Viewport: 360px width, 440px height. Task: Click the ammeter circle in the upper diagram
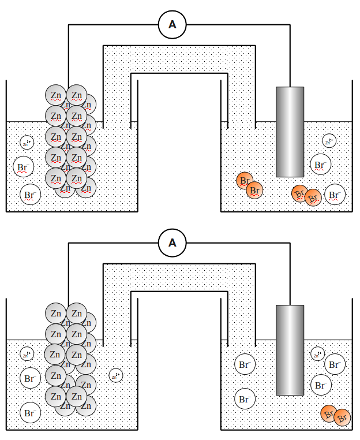click(172, 24)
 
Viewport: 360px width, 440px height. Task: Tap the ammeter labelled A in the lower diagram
click(172, 243)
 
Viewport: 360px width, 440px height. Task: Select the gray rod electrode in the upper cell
click(290, 132)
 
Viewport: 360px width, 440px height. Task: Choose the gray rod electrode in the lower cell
click(290, 350)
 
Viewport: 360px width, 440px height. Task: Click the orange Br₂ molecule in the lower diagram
click(335, 415)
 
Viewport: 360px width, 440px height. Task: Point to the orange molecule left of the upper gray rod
click(250, 185)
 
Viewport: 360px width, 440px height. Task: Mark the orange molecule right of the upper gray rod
click(306, 196)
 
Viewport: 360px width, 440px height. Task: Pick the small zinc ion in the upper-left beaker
click(27, 142)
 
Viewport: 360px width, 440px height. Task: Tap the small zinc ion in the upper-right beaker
click(329, 141)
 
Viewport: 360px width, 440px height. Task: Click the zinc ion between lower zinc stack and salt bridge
click(116, 375)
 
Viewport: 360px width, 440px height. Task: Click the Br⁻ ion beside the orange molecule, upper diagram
click(335, 195)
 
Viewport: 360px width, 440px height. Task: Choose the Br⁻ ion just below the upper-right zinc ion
click(320, 165)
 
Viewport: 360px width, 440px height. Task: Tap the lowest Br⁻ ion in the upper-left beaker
click(30, 195)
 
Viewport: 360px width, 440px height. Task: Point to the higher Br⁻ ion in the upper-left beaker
click(23, 168)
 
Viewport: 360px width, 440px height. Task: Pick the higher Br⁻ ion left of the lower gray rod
click(244, 365)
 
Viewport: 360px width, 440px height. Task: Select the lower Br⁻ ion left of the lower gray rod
click(244, 398)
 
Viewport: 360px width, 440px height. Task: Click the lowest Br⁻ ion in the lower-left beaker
click(30, 413)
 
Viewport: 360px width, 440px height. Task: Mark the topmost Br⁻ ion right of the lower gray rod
click(335, 364)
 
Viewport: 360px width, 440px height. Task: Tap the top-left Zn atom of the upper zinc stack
click(56, 95)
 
